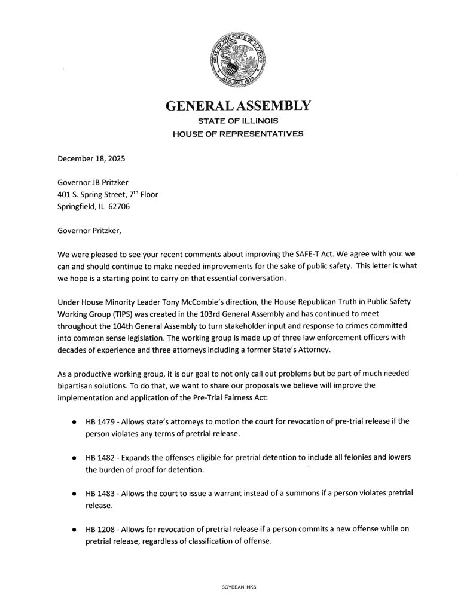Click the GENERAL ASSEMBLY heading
pos(237,106)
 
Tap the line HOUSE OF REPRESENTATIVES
pos(237,134)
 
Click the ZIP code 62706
pos(118,207)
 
